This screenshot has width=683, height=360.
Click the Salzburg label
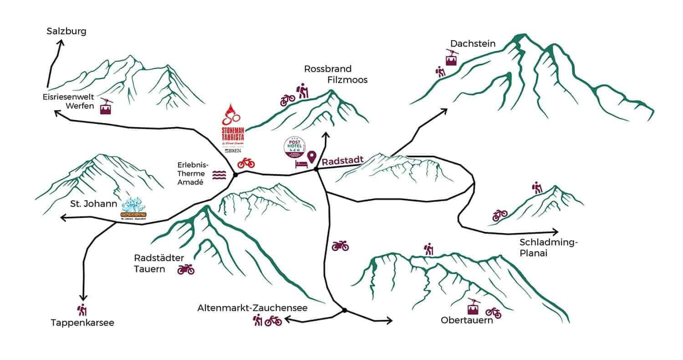(x=66, y=31)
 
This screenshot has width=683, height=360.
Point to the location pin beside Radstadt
(x=312, y=157)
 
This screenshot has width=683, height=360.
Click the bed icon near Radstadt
(x=301, y=164)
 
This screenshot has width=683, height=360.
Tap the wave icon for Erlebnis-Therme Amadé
(x=219, y=176)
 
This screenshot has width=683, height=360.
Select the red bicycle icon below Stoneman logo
(x=246, y=162)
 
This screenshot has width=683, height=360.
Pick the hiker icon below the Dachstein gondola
(x=440, y=71)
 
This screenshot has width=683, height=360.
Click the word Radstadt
(x=342, y=161)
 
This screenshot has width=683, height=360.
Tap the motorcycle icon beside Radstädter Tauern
(x=186, y=269)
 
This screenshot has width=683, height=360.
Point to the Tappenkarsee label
(x=82, y=323)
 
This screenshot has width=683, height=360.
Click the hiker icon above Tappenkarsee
(x=82, y=310)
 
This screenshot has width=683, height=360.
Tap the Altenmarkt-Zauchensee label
(x=252, y=308)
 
